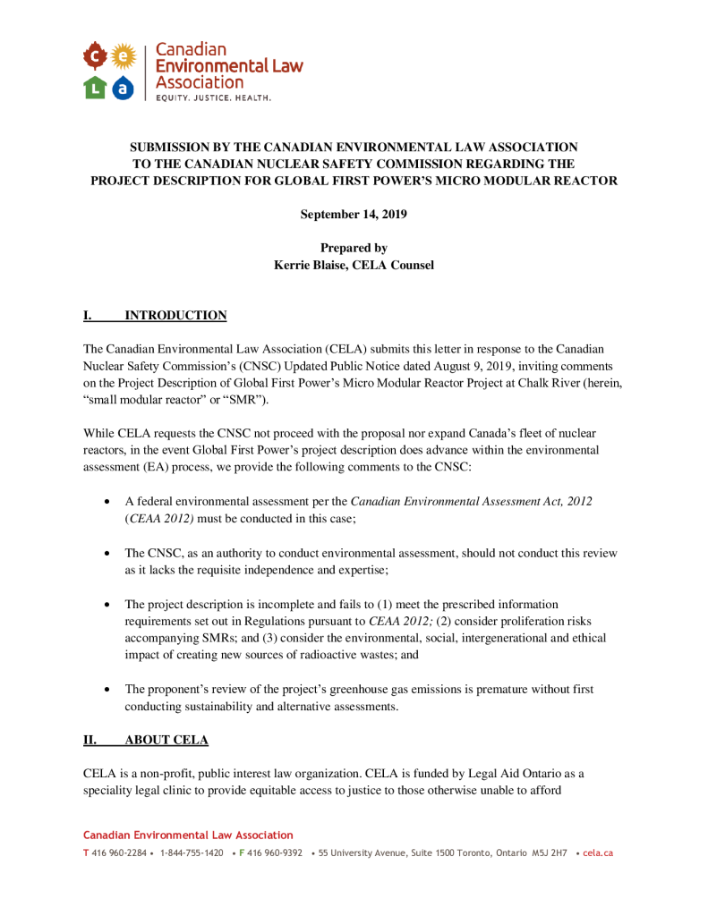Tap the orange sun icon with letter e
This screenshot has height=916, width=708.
pyautogui.click(x=124, y=58)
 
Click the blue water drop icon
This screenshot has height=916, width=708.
pyautogui.click(x=124, y=87)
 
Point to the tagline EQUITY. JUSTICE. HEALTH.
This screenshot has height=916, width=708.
pyautogui.click(x=213, y=97)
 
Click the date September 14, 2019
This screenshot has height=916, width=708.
pyautogui.click(x=354, y=214)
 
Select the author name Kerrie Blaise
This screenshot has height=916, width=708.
pyautogui.click(x=313, y=265)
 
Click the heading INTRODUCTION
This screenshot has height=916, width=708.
pyautogui.click(x=175, y=316)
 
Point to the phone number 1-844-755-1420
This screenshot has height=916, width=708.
pyautogui.click(x=192, y=853)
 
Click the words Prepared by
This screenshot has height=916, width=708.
pyautogui.click(x=354, y=248)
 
